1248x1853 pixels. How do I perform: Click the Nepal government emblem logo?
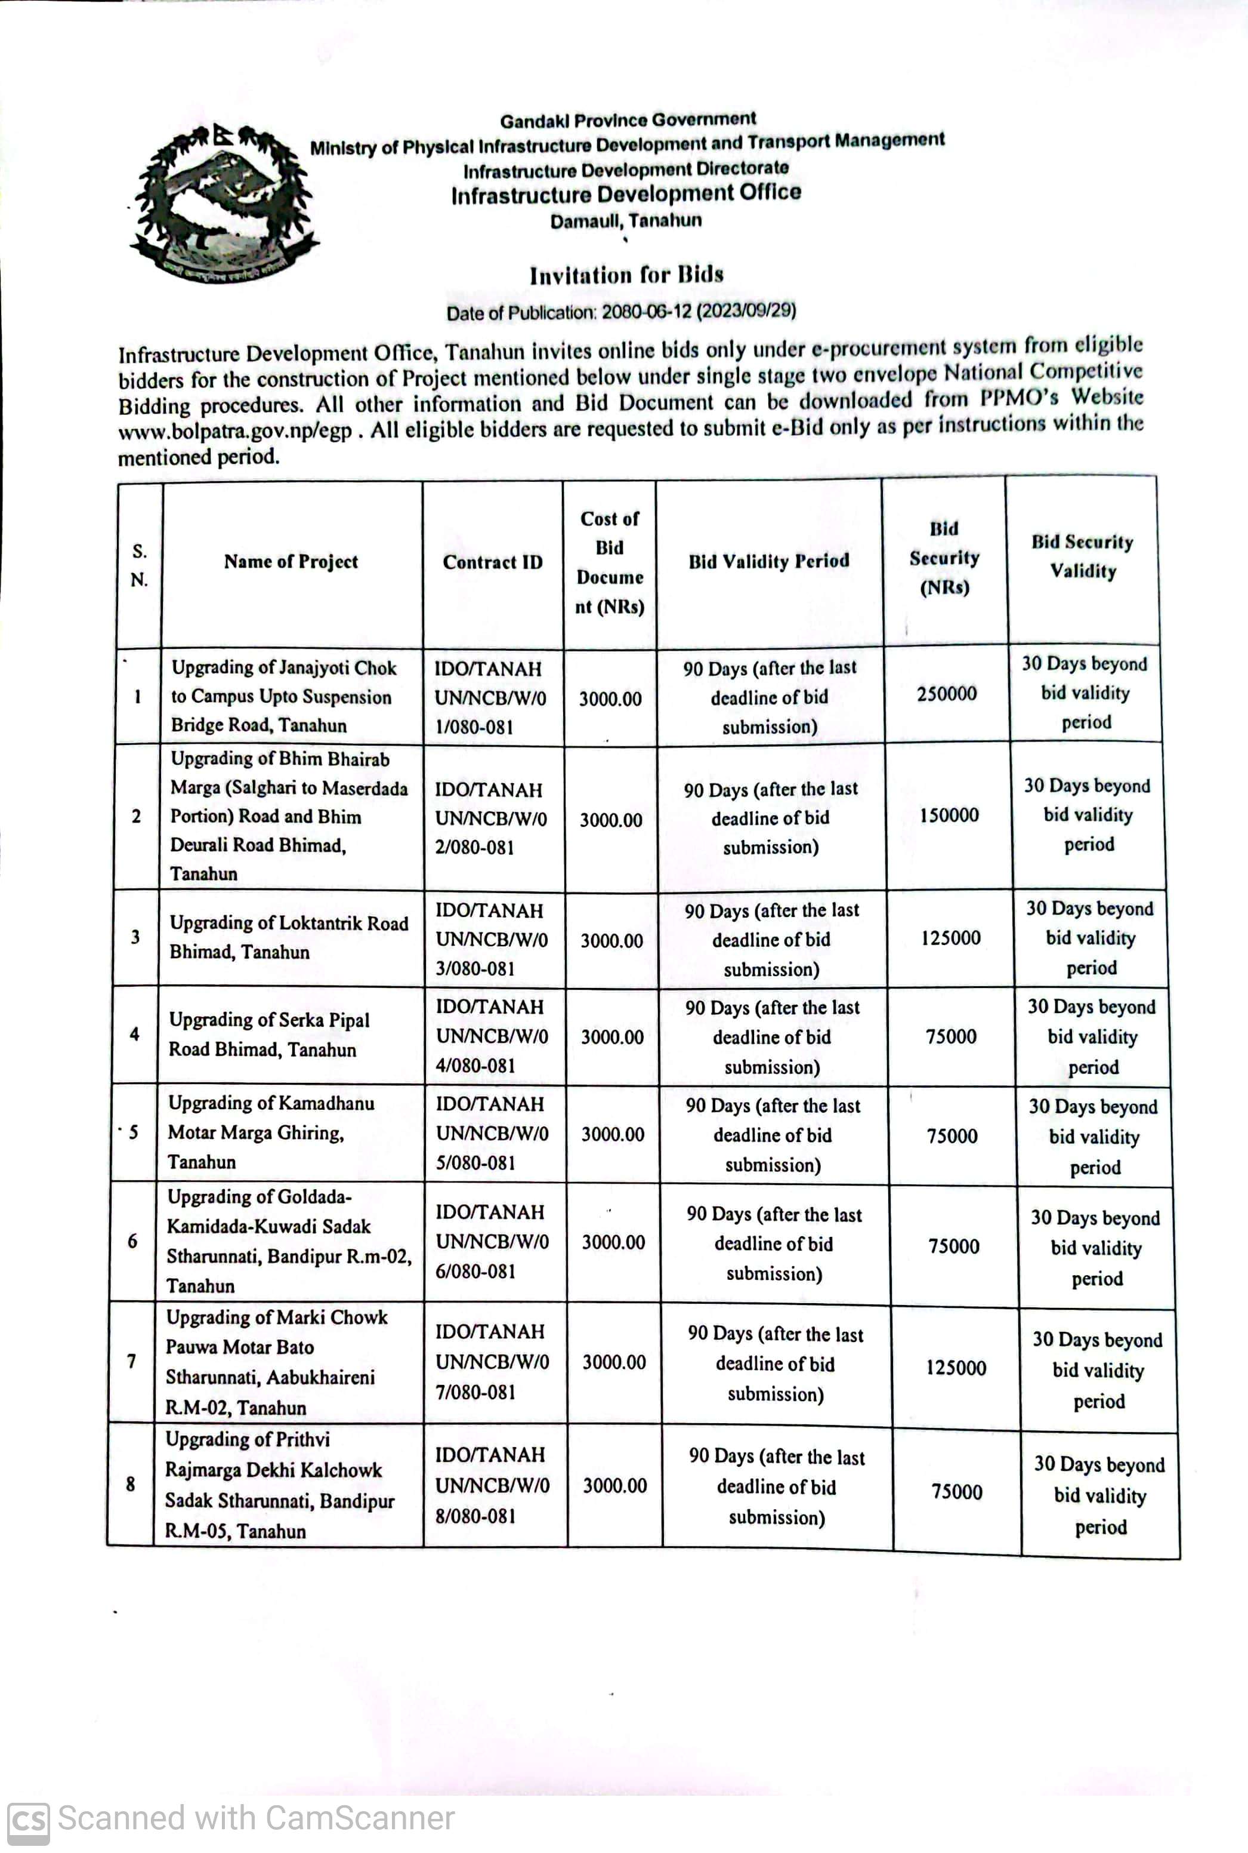pos(224,204)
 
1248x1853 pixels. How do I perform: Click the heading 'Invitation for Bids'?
pos(626,276)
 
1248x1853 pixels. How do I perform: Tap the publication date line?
pos(621,312)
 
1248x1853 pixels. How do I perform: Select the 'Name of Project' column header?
pos(291,562)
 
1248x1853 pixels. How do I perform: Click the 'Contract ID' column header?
pos(493,562)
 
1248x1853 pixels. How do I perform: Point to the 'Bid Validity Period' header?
pos(769,561)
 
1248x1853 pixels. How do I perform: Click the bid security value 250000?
pos(946,694)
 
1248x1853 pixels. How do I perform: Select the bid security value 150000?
pos(949,815)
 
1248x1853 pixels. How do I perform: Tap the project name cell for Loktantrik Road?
pos(288,937)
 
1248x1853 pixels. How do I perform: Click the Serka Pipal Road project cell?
pos(269,1035)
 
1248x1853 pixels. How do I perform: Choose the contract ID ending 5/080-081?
pos(492,1133)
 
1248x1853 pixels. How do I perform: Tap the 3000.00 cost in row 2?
pos(610,820)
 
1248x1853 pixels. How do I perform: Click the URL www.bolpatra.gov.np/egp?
pos(235,432)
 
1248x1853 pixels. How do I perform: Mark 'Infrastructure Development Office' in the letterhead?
pos(626,193)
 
